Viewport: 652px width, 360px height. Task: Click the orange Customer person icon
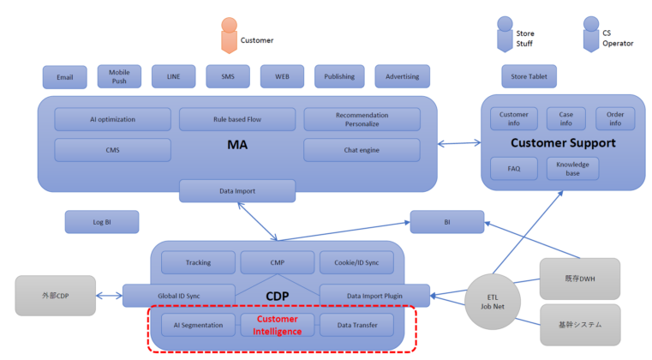click(x=228, y=35)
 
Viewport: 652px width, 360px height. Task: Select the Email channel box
click(x=64, y=77)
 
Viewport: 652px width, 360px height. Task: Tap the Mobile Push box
click(x=119, y=76)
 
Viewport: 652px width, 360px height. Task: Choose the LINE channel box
click(x=173, y=76)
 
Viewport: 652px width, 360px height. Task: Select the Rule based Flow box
click(x=237, y=119)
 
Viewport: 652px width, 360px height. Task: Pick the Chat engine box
click(x=362, y=150)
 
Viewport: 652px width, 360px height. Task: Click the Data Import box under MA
click(x=237, y=190)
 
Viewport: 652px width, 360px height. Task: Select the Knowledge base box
click(x=572, y=169)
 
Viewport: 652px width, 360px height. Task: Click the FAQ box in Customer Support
click(x=514, y=169)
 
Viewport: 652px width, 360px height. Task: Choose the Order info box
click(x=615, y=118)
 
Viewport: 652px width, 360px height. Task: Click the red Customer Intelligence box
click(x=277, y=325)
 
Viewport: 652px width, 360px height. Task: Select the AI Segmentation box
click(x=198, y=325)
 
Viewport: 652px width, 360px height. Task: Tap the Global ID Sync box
click(x=178, y=296)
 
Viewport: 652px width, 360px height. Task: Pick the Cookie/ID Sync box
click(x=356, y=262)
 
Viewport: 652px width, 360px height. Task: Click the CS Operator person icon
click(x=590, y=34)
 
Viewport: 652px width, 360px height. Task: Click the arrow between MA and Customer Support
click(x=459, y=143)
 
